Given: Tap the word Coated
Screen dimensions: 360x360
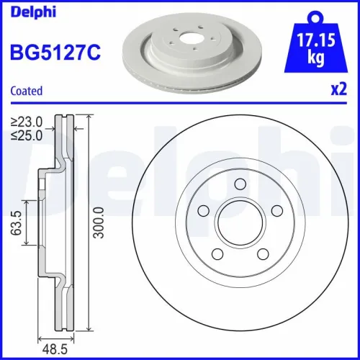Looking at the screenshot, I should pyautogui.click(x=26, y=91).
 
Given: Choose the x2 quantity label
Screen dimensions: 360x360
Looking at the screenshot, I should pyautogui.click(x=338, y=91).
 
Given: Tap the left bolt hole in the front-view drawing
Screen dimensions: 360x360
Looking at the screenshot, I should pyautogui.click(x=203, y=211).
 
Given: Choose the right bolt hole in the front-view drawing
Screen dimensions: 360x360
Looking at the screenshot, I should pyautogui.click(x=271, y=212).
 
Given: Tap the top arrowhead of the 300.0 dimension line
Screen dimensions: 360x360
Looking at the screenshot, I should pyautogui.click(x=87, y=117).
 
